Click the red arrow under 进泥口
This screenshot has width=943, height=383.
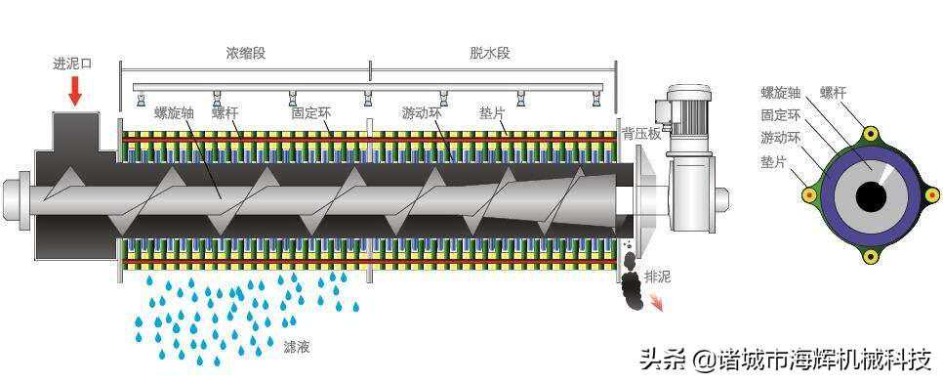(75, 91)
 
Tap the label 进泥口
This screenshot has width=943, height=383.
(72, 64)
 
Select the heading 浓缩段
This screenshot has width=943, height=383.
(245, 53)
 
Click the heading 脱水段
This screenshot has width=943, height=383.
(489, 53)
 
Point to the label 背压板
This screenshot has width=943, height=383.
(641, 133)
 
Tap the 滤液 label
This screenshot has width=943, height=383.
(297, 347)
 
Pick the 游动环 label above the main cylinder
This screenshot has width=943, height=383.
(422, 112)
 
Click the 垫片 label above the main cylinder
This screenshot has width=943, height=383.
(492, 112)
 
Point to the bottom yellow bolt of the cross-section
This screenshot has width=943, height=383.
(870, 257)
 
